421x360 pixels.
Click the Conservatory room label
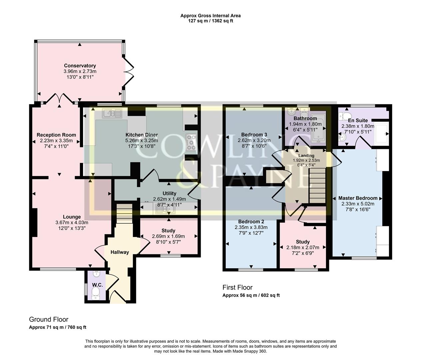[80, 66]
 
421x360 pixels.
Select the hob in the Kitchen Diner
[191, 142]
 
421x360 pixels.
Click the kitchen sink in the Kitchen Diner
[113, 114]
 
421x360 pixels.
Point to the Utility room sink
[164, 209]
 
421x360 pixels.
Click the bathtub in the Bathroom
[318, 128]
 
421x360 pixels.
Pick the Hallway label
[120, 252]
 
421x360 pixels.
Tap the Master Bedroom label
[358, 198]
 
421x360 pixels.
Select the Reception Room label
[56, 135]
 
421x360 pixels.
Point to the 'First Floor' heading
[237, 287]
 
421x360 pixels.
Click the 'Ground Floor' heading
[49, 319]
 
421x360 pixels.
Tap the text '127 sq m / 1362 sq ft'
[210, 21]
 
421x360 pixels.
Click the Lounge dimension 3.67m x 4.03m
[72, 223]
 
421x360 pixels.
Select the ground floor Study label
[168, 231]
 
